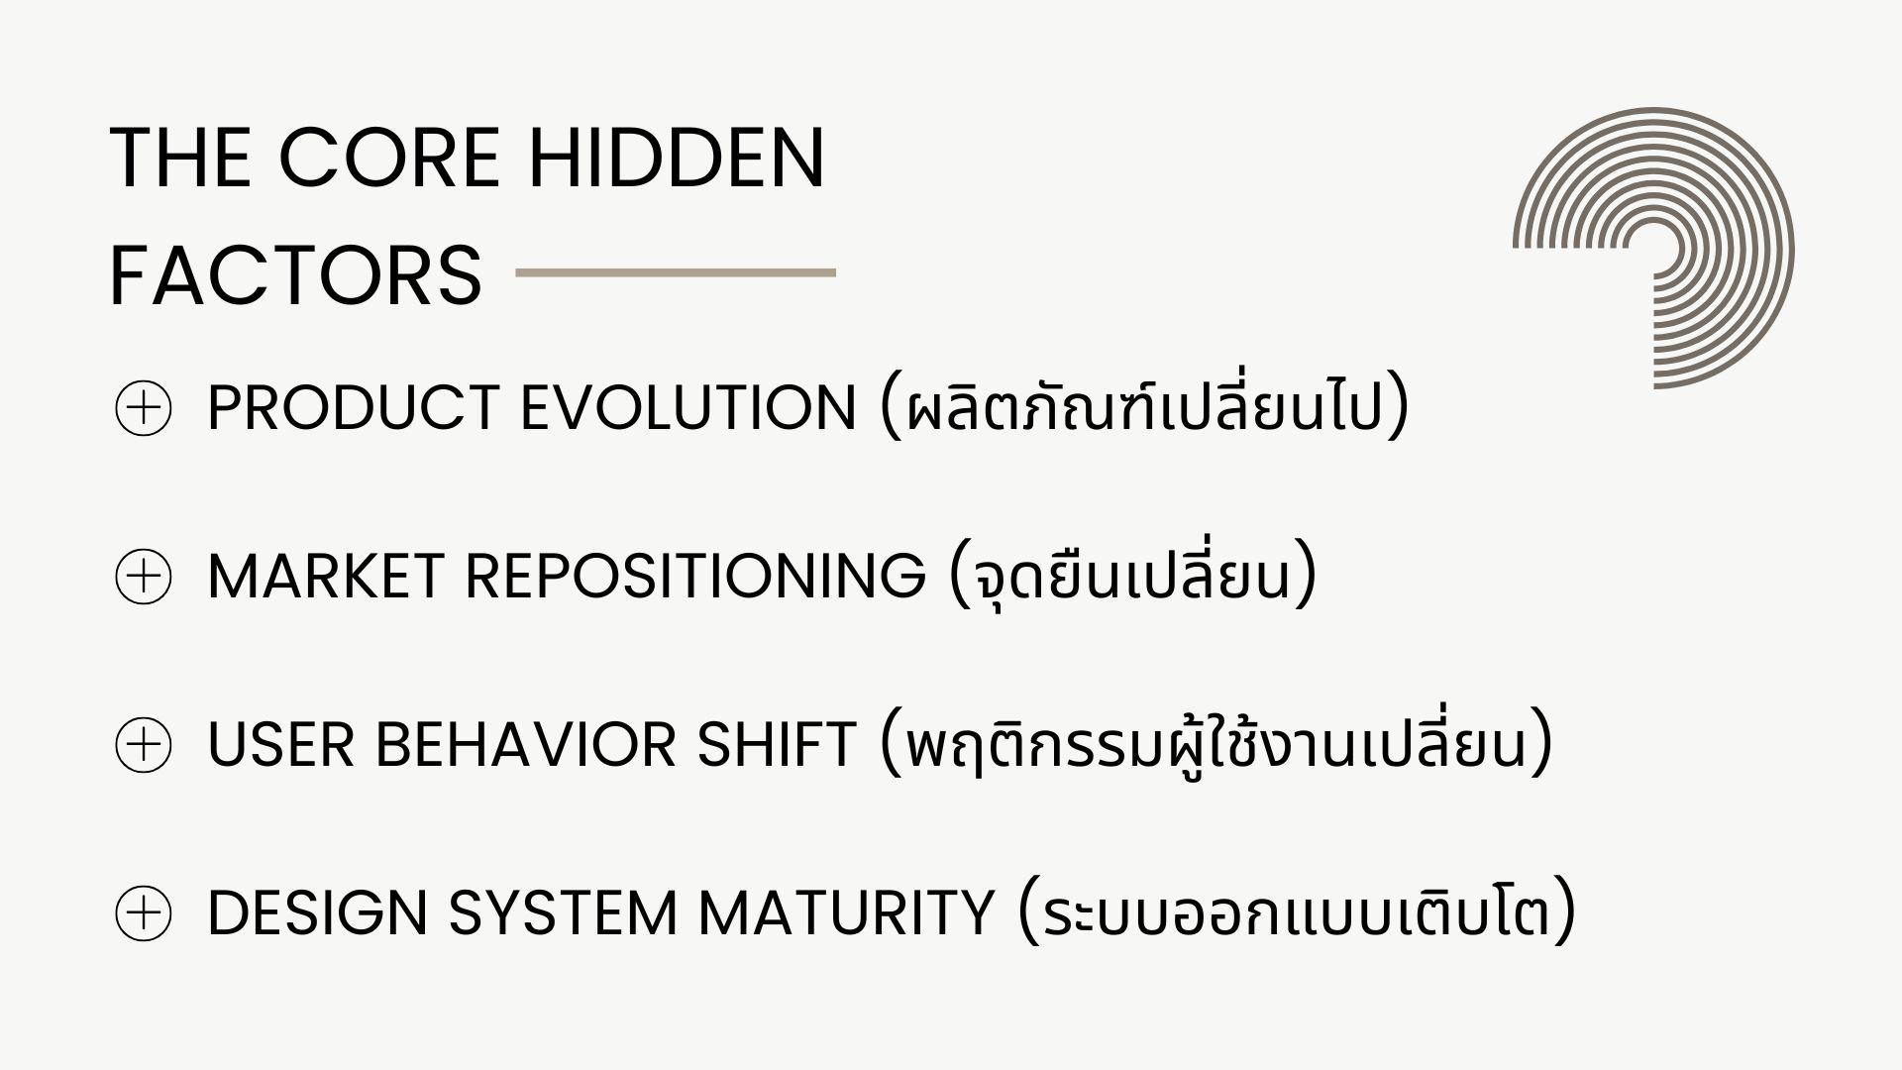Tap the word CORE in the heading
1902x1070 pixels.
point(388,158)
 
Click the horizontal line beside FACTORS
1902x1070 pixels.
point(676,272)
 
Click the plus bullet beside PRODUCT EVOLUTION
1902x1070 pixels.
point(144,408)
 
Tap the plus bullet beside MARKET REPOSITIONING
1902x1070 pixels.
point(144,577)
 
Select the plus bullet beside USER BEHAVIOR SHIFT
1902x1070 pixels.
point(144,745)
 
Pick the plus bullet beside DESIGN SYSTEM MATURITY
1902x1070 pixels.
point(144,913)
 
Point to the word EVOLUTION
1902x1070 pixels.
point(688,408)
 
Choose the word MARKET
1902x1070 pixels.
point(326,577)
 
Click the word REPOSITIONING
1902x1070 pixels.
point(695,577)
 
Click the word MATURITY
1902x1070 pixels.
point(847,913)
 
